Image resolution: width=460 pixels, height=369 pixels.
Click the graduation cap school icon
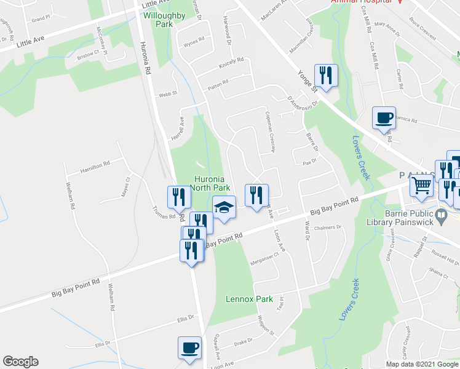click(224, 208)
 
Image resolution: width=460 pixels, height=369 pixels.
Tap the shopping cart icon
click(422, 184)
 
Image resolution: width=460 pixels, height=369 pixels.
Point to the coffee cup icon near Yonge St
click(384, 117)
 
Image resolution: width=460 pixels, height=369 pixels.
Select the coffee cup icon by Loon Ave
click(189, 347)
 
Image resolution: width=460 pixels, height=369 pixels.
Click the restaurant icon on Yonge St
click(325, 76)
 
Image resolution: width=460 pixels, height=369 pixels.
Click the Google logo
click(20, 362)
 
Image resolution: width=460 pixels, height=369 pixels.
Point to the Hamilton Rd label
click(94, 166)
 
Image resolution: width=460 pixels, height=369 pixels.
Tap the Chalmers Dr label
click(327, 228)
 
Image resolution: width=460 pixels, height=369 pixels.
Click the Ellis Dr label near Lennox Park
click(185, 319)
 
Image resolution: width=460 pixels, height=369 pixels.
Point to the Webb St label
click(168, 94)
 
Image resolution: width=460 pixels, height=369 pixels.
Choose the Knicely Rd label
click(232, 64)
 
